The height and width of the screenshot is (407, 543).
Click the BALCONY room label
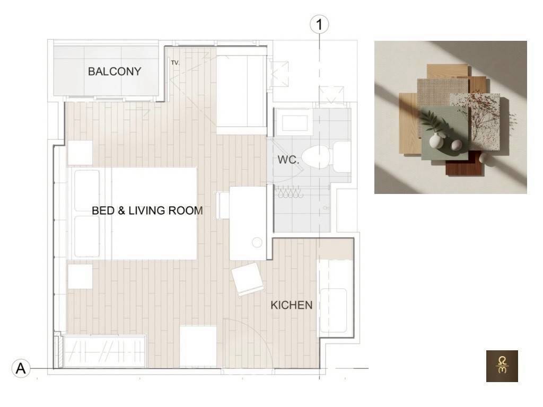tap(115, 72)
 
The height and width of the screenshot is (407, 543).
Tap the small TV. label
tap(175, 63)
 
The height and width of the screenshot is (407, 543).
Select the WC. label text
tap(288, 160)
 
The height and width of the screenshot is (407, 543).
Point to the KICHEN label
tap(291, 305)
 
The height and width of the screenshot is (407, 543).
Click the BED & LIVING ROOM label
tap(147, 210)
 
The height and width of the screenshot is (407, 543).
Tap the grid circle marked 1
tap(319, 24)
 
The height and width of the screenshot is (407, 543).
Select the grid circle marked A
tap(21, 368)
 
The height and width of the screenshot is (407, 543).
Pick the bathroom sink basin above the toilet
tap(295, 122)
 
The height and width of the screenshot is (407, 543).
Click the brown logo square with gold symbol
tap(502, 366)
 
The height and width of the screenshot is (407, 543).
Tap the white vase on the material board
tap(436, 140)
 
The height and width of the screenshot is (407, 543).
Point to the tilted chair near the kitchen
tap(248, 279)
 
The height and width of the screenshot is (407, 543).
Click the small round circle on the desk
tap(257, 242)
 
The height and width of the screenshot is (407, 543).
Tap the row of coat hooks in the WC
tap(288, 192)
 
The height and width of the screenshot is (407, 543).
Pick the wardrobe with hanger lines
tap(104, 351)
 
